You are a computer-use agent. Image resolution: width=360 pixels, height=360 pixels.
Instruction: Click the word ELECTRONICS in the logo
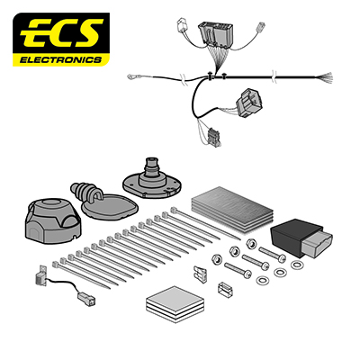click(x=60, y=59)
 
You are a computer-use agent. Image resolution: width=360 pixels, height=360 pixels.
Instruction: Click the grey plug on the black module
click(x=317, y=243)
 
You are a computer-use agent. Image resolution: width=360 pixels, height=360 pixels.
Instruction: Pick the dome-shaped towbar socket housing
click(x=53, y=221)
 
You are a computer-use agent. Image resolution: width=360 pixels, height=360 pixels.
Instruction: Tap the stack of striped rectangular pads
click(x=232, y=209)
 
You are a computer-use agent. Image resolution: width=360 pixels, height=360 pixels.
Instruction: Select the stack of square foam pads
click(x=175, y=303)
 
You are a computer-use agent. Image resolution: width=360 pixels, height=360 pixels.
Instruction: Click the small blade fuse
click(x=200, y=272)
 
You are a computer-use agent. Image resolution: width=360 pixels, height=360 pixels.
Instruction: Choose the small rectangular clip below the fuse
click(x=225, y=290)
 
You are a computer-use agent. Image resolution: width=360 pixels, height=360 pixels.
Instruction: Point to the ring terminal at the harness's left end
click(x=131, y=77)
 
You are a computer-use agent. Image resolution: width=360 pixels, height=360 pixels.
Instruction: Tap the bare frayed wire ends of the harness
click(x=326, y=78)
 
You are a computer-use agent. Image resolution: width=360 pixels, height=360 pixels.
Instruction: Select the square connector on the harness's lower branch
click(x=248, y=103)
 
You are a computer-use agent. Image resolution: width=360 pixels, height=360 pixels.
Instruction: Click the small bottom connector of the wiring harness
click(x=215, y=137)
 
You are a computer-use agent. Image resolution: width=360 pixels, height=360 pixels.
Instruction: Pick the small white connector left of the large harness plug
click(x=182, y=25)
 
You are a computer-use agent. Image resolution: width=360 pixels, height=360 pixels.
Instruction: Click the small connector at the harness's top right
click(x=260, y=26)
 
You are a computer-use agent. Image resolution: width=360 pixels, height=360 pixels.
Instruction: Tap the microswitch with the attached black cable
click(x=40, y=275)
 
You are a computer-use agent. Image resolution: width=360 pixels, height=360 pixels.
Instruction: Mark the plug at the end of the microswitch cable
click(x=86, y=299)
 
